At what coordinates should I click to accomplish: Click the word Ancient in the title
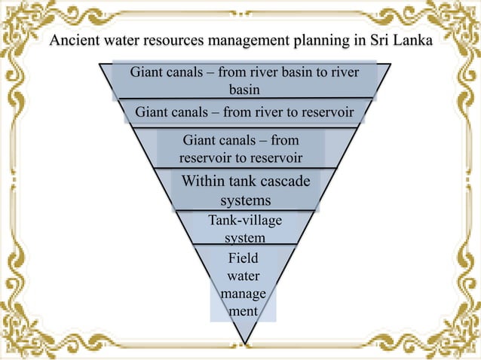point(74,40)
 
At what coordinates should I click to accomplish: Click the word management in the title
point(253,40)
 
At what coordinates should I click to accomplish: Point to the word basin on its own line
point(244,90)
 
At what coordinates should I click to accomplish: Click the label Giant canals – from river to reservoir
point(244,113)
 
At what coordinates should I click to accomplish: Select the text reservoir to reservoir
point(240,158)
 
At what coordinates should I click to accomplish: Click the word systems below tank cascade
point(245,201)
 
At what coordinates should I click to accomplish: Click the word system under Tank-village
point(245,238)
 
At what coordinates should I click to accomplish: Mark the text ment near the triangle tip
point(244,310)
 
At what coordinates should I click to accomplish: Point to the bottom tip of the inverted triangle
point(245,343)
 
